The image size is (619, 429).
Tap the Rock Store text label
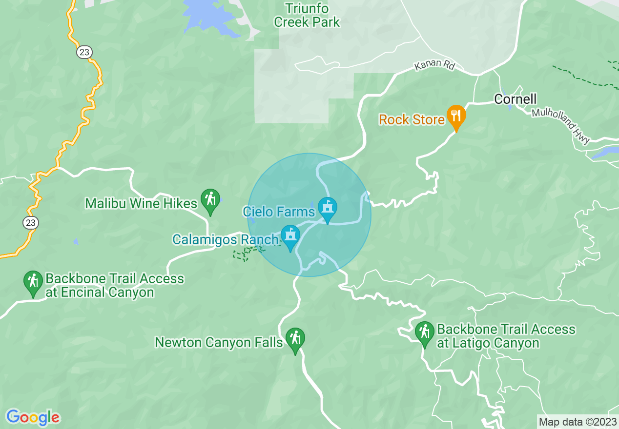click(x=412, y=119)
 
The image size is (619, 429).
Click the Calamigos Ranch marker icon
click(x=290, y=236)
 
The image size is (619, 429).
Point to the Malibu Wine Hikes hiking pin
click(x=210, y=200)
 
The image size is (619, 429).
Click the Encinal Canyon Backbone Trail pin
click(x=33, y=282)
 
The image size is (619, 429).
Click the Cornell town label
click(x=515, y=99)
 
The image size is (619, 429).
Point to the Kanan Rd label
click(x=434, y=65)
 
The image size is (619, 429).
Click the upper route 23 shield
click(x=84, y=52)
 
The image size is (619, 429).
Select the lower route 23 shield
click(x=31, y=223)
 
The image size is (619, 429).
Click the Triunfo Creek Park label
click(x=307, y=15)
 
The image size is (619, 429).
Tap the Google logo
click(x=33, y=417)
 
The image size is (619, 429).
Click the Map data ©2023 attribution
click(x=577, y=422)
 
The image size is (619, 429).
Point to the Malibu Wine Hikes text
click(x=141, y=203)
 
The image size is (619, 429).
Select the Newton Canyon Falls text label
click(x=219, y=343)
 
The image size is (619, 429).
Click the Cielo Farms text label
click(x=279, y=212)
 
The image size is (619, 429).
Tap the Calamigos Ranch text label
click(x=225, y=240)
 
